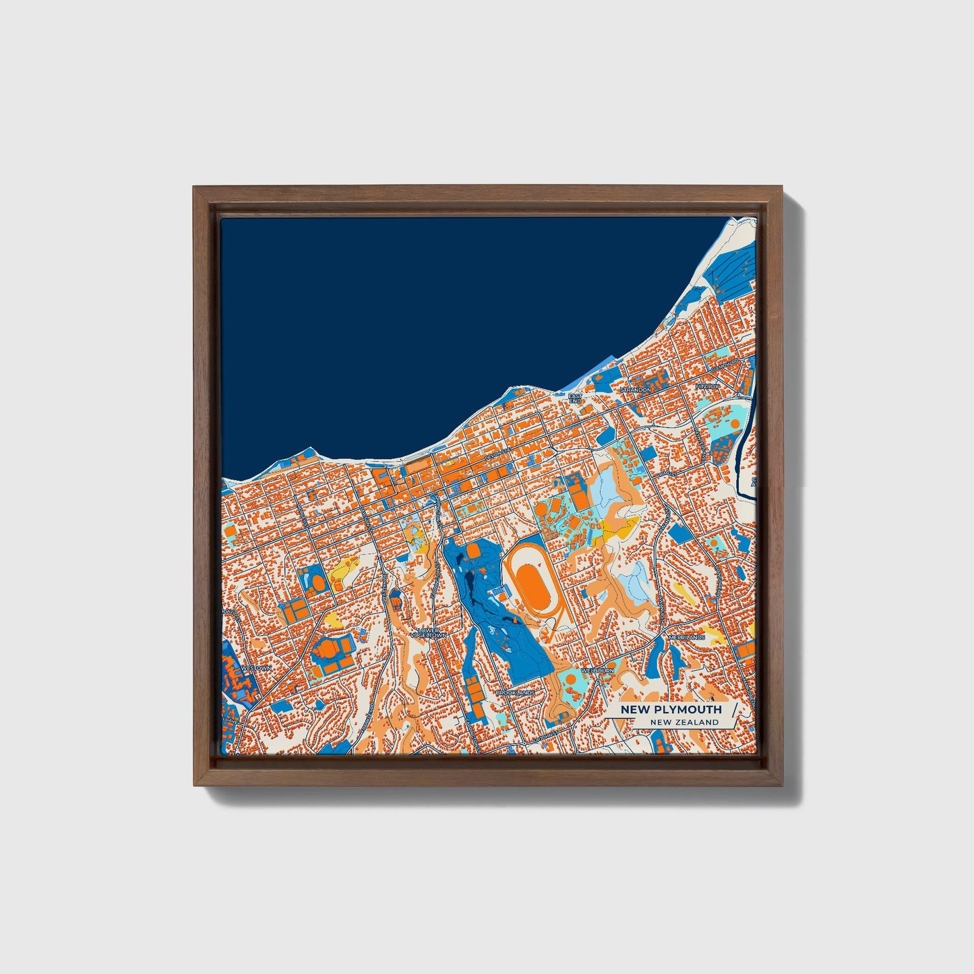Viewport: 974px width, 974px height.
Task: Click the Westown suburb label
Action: [x=257, y=668]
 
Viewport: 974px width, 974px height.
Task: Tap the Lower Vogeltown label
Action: [x=428, y=632]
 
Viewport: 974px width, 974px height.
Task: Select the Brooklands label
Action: [x=515, y=692]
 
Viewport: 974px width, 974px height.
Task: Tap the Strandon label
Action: [x=636, y=390]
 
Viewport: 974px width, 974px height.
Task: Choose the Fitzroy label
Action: [x=708, y=386]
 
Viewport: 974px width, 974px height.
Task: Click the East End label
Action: [x=574, y=398]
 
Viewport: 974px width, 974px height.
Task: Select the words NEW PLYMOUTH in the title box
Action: [x=671, y=709]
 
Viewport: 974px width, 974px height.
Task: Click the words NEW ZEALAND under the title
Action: [x=684, y=722]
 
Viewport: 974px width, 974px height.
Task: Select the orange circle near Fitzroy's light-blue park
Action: [x=733, y=423]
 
